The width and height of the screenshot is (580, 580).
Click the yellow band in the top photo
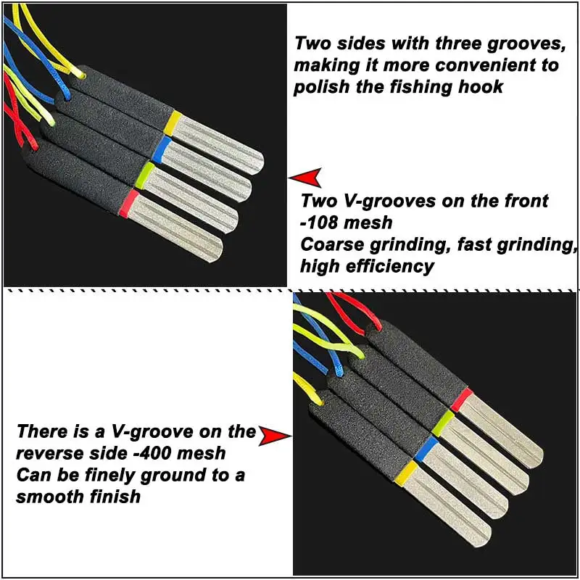click(x=173, y=123)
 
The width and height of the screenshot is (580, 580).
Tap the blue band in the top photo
click(x=161, y=149)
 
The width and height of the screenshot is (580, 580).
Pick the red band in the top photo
click(x=129, y=203)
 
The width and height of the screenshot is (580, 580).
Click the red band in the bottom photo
click(x=462, y=399)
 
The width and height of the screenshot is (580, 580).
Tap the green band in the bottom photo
click(x=443, y=423)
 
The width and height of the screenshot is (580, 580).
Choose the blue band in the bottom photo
click(x=426, y=449)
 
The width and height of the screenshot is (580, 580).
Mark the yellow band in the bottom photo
click(x=406, y=473)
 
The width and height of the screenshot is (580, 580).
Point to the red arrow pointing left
click(x=304, y=178)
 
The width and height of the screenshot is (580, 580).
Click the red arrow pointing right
click(x=275, y=436)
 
